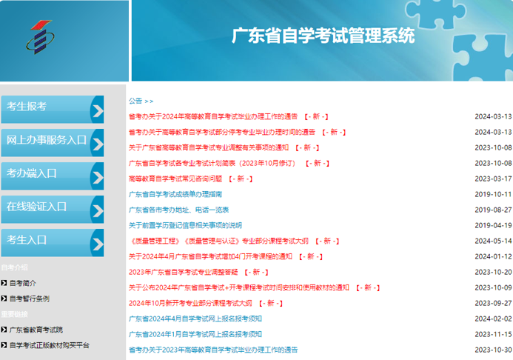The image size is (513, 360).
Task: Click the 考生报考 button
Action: pos(53,110)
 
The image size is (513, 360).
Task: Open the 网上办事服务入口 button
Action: pos(53,143)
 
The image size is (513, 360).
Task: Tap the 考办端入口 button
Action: pos(53,176)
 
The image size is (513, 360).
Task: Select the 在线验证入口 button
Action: pos(53,210)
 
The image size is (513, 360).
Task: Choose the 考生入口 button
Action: pos(53,243)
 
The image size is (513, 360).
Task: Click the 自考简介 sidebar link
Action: pos(22,283)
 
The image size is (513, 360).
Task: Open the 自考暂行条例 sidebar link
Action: pos(30,299)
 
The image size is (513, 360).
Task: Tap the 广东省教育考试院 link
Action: pos(36,330)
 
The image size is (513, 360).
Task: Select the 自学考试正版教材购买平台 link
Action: pos(49,345)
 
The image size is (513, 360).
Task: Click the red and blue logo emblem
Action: pos(40,37)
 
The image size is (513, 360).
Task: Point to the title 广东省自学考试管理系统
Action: pos(323,36)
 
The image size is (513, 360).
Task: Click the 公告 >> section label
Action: pos(141,101)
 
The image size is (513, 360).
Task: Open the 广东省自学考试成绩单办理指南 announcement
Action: pos(175,194)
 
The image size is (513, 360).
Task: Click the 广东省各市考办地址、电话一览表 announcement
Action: pos(178,210)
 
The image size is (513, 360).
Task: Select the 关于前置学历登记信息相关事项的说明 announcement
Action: pos(185,225)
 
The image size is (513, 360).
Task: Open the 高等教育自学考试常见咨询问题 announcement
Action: pos(175,179)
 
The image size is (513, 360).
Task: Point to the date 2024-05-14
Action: pos(493,241)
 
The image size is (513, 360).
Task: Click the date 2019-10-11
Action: pos(493,194)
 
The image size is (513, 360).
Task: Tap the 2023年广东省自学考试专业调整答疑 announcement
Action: pos(184,272)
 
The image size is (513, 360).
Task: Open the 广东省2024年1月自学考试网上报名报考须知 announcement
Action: pos(195,334)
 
